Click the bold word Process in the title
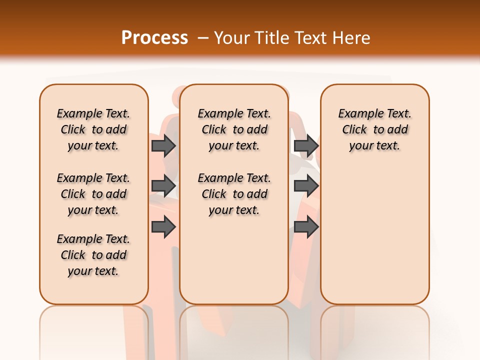pyautogui.click(x=154, y=38)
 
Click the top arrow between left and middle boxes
pyautogui.click(x=163, y=145)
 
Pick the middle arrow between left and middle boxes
pyautogui.click(x=163, y=186)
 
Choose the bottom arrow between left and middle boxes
pyautogui.click(x=163, y=227)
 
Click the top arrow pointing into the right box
pyautogui.click(x=306, y=145)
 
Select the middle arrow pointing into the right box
pyautogui.click(x=306, y=186)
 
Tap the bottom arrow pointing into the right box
pyautogui.click(x=306, y=227)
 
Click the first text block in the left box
pyautogui.click(x=93, y=129)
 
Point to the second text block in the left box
pyautogui.click(x=93, y=194)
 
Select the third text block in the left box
pyautogui.click(x=93, y=255)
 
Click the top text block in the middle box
pyautogui.click(x=234, y=129)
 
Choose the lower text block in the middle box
pyautogui.click(x=234, y=194)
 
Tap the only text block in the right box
pyautogui.click(x=374, y=129)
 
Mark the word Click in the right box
pyautogui.click(x=354, y=130)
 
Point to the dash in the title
pyautogui.click(x=203, y=38)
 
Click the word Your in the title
pyautogui.click(x=232, y=38)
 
